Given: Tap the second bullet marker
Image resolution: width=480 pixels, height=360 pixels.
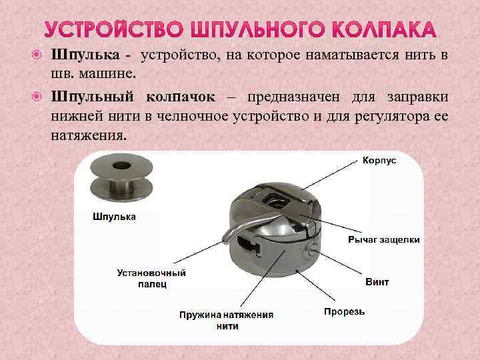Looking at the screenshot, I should (39, 98).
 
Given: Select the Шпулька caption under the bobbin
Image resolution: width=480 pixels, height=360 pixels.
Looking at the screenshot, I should (113, 217).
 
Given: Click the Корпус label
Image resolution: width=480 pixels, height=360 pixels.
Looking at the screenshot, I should (379, 161).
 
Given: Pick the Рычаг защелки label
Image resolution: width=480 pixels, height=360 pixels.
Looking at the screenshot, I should (384, 239).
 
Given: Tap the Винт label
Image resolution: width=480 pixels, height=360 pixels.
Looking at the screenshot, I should (377, 282).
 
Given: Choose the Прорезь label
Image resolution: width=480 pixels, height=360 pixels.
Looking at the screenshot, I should (344, 311).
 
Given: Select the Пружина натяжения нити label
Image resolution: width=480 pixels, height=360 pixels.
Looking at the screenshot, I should (227, 320).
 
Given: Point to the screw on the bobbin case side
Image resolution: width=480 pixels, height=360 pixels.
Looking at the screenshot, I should (312, 250).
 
